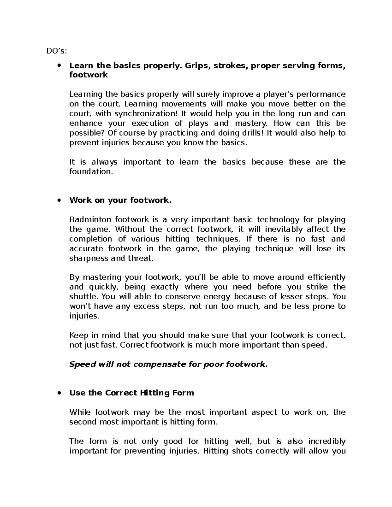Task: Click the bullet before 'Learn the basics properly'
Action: coord(59,66)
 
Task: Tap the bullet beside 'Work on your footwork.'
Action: coord(59,200)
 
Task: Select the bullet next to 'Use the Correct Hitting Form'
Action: coord(59,393)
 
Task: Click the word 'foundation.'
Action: coord(91,172)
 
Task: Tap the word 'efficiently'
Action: coord(326,277)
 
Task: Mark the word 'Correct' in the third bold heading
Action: coord(121,393)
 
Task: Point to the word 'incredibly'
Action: coord(326,441)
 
